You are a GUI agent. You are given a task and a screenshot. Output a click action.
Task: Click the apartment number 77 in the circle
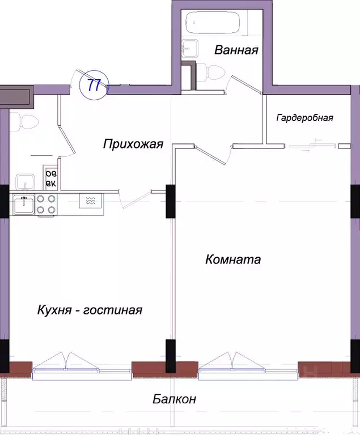click(94, 85)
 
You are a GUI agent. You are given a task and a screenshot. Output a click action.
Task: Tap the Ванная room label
click(236, 50)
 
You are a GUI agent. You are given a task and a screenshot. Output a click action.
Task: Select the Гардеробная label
click(304, 118)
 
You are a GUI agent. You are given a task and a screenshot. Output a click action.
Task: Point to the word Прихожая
click(133, 144)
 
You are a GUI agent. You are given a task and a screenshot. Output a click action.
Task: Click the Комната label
click(233, 259)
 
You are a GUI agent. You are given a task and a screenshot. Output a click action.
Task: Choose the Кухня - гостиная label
click(89, 310)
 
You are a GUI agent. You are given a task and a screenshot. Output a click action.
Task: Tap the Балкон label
click(175, 399)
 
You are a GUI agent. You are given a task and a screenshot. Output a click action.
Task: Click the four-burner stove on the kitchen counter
click(45, 204)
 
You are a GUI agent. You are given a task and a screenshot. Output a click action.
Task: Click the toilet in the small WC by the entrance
click(24, 121)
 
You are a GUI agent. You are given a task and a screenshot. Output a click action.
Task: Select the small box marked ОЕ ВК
click(50, 180)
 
